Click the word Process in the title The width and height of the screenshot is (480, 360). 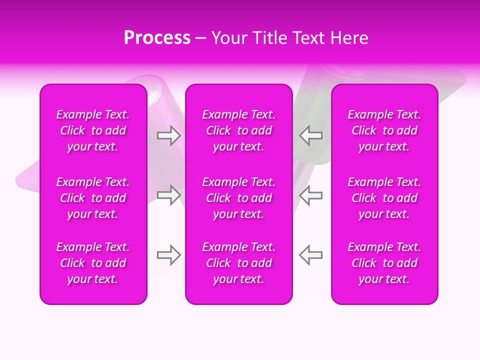click(x=157, y=38)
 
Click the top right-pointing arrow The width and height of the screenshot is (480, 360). click(x=168, y=135)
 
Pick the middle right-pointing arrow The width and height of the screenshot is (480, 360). click(x=168, y=195)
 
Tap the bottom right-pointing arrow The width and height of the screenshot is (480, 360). click(x=168, y=255)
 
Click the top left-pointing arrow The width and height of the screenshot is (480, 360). click(x=311, y=135)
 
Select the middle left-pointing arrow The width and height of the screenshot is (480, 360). click(x=311, y=195)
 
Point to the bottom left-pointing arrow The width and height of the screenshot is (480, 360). click(x=311, y=255)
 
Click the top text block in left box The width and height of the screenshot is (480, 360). click(x=93, y=130)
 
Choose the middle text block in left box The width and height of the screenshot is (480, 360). click(x=93, y=198)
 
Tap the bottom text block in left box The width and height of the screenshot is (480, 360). click(x=93, y=263)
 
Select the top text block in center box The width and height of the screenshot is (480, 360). click(x=239, y=130)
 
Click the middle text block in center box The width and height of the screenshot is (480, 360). click(x=239, y=198)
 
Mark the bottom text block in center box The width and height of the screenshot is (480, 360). click(x=239, y=263)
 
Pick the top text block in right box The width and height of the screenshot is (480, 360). click(x=384, y=130)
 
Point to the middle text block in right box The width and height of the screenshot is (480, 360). click(x=384, y=198)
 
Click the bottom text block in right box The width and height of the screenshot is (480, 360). click(x=384, y=263)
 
